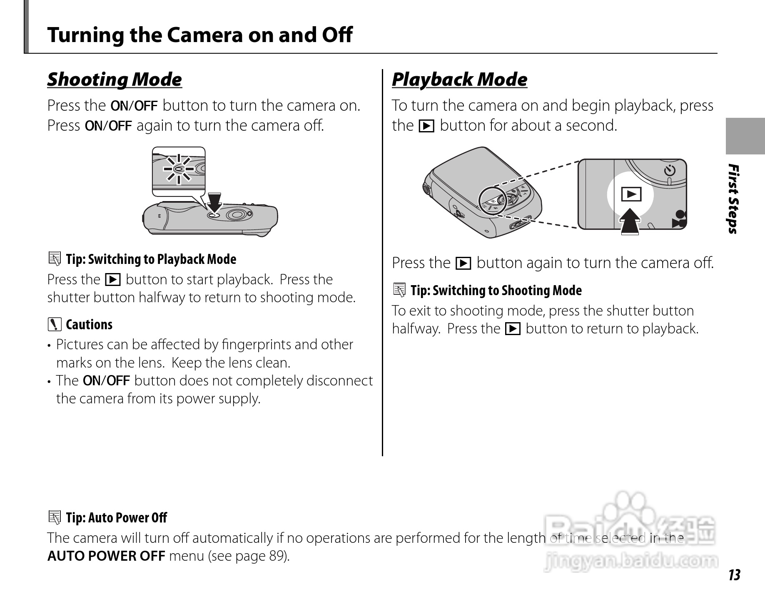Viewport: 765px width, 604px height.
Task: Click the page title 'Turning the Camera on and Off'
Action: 199,35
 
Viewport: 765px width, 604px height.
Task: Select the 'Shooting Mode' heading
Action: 115,79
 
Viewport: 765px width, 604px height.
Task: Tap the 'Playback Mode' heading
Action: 459,79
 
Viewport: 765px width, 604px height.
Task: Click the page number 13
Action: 734,575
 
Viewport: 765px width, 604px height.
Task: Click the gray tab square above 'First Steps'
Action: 745,136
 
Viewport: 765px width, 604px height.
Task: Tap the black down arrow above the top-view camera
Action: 215,202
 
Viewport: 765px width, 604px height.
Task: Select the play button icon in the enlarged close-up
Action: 631,194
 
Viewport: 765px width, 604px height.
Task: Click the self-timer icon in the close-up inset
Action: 670,170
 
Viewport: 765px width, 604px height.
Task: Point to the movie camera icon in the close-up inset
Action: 679,219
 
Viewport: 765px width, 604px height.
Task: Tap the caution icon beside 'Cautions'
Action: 54,324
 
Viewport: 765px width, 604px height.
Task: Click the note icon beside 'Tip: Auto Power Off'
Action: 54,517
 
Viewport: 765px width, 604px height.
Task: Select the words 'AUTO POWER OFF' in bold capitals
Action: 106,556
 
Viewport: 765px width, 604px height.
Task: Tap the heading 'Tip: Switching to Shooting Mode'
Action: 496,290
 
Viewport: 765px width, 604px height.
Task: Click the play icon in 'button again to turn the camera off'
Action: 463,263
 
